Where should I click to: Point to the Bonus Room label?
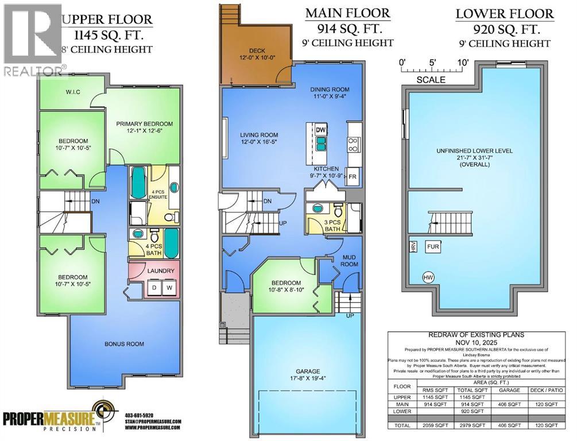[124, 344]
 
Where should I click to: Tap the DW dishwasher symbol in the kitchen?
[320, 129]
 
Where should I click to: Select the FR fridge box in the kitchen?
[353, 177]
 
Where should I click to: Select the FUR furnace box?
[433, 247]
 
